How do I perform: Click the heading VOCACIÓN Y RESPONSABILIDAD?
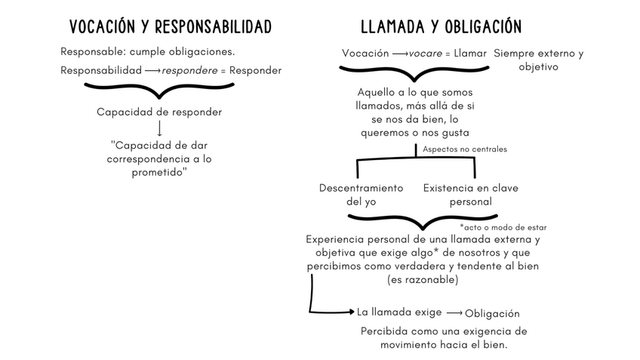170,28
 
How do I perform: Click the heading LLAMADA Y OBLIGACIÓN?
441,28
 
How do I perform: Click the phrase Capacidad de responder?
159,112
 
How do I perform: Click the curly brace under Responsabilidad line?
159,90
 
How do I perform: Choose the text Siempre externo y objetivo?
538,60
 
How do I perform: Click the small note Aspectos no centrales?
464,149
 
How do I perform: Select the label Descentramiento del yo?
361,195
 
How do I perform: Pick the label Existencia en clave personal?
470,195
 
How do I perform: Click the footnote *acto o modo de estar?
503,226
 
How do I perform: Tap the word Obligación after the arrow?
492,314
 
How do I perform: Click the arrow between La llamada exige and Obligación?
454,313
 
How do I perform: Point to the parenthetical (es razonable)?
422,280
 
